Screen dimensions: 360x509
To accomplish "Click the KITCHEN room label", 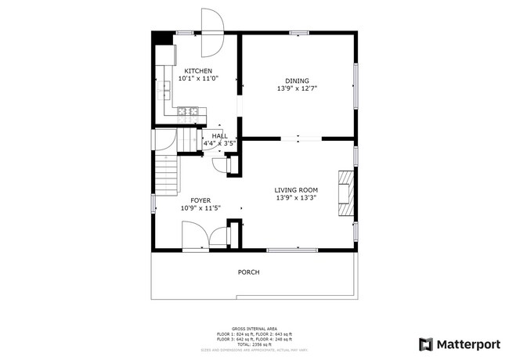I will [x=197, y=70].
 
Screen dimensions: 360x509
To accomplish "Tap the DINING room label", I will [x=297, y=81].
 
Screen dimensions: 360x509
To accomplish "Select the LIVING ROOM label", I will [x=296, y=189].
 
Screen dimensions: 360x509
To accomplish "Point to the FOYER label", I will [x=200, y=200].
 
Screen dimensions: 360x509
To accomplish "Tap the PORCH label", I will [x=249, y=272].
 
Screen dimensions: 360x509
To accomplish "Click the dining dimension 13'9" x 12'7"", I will [x=297, y=88].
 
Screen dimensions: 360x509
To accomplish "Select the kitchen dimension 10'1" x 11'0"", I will [x=197, y=78].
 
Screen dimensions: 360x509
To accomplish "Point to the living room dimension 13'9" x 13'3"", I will [x=296, y=198].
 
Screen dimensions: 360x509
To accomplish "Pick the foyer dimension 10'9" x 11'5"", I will [x=200, y=208].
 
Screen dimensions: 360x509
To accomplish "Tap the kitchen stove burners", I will [x=188, y=112].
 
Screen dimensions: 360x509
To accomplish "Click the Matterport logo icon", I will [x=425, y=344].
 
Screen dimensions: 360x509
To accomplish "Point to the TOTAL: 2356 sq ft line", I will [x=254, y=344].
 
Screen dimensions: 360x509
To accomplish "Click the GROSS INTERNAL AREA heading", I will [x=254, y=329].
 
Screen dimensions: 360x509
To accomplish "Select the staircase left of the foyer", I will [x=166, y=176].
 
